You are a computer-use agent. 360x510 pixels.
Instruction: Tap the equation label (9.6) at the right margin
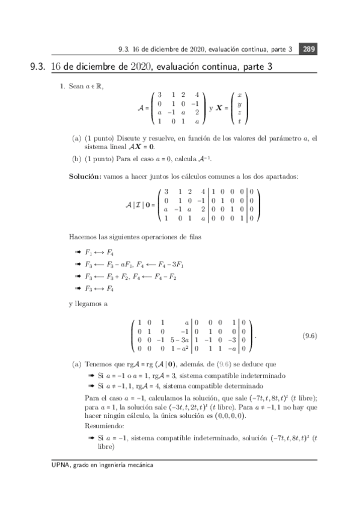coord(310,336)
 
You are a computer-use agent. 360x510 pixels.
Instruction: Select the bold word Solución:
coord(85,176)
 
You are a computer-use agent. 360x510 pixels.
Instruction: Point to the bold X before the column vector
coord(220,109)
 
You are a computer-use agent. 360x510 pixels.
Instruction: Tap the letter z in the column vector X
coord(239,112)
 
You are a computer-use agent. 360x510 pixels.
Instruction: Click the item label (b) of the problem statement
coord(76,159)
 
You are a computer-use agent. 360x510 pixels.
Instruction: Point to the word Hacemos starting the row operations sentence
coord(82,238)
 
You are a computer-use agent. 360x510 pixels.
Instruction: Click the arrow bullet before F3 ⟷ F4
coord(77,288)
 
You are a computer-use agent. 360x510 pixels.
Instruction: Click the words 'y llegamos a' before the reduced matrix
coord(88,304)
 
